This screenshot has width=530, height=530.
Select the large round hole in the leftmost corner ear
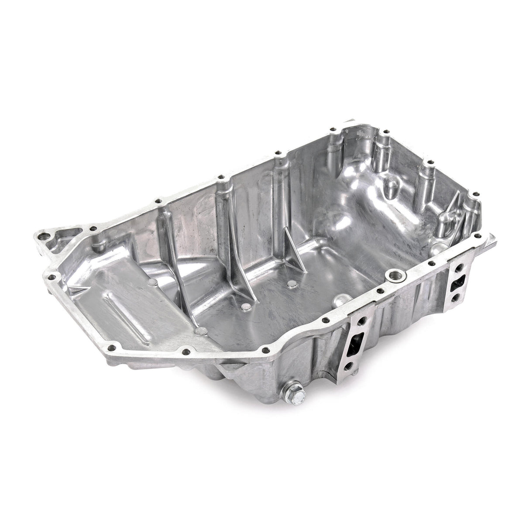(42, 237)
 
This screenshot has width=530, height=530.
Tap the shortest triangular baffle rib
(295, 253)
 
